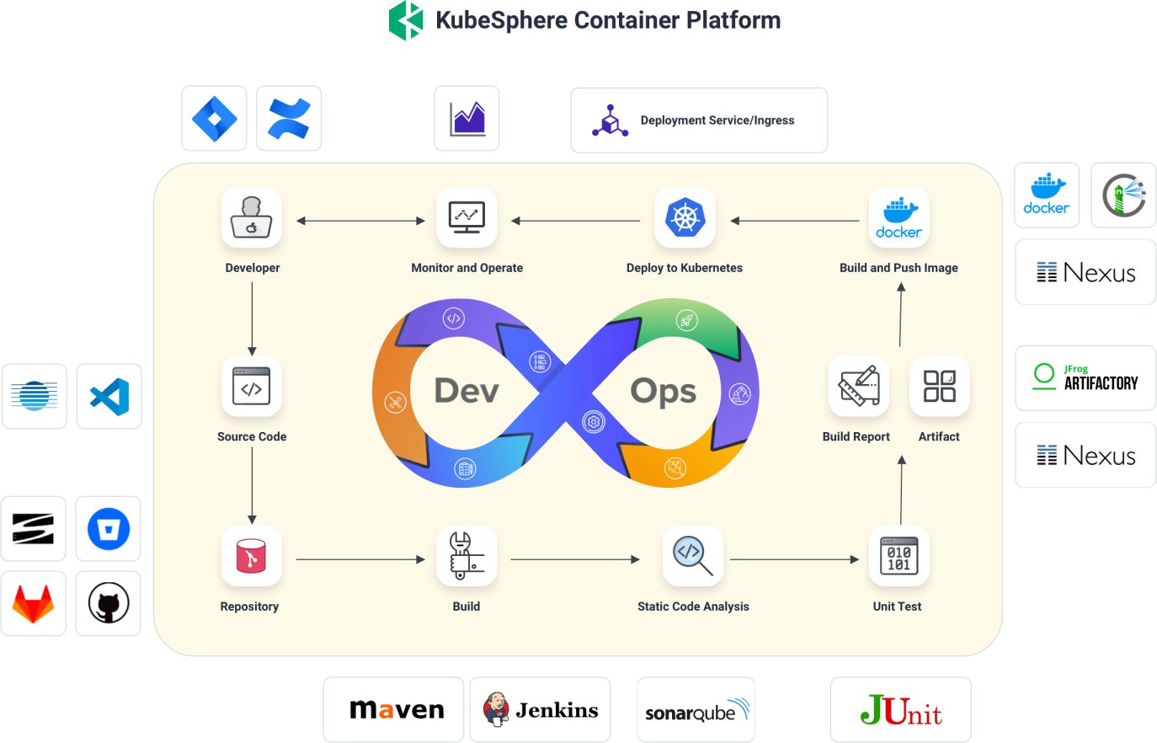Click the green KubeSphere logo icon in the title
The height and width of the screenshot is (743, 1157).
point(406,20)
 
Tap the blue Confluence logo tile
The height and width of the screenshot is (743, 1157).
point(289,119)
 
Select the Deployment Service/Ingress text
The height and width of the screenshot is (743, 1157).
point(717,120)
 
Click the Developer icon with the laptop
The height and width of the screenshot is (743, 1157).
point(251,217)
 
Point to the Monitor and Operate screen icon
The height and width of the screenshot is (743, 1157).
point(467,217)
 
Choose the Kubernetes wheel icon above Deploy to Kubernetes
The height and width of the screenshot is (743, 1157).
point(685,217)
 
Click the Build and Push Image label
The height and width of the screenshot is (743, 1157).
point(898,268)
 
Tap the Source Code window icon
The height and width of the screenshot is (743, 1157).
point(251,387)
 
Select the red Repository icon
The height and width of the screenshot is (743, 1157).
point(251,557)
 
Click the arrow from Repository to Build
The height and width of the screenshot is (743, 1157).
point(360,559)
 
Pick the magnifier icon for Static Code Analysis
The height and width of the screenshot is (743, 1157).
point(693,556)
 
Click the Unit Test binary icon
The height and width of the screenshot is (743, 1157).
point(898,556)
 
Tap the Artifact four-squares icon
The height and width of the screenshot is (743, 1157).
point(939,387)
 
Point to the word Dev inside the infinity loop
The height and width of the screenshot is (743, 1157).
point(467,391)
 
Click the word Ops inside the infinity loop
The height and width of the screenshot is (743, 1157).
point(664,391)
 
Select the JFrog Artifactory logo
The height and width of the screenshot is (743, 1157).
point(1085,377)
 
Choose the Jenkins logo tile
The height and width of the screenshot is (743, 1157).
point(540,710)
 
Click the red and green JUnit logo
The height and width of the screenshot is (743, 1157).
point(900,710)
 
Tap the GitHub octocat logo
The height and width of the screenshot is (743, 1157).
point(108,604)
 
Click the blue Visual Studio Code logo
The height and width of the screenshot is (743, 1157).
point(109,397)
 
